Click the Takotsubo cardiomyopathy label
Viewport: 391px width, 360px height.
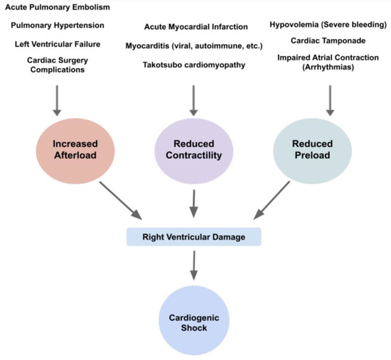point(193,65)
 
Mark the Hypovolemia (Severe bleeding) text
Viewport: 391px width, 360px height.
point(328,26)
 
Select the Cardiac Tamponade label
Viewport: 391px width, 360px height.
point(328,40)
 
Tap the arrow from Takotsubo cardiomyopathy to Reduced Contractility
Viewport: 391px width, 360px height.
point(193,102)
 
